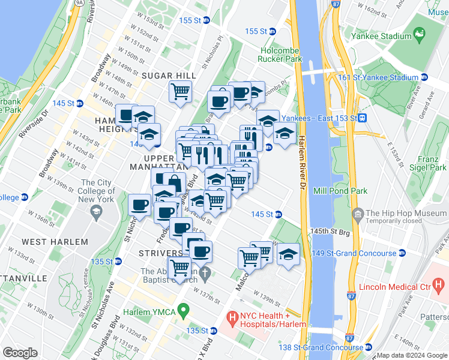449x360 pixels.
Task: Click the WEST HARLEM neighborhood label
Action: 55,242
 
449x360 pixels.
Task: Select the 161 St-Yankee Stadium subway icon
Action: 424,77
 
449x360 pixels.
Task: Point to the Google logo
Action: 20,353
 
